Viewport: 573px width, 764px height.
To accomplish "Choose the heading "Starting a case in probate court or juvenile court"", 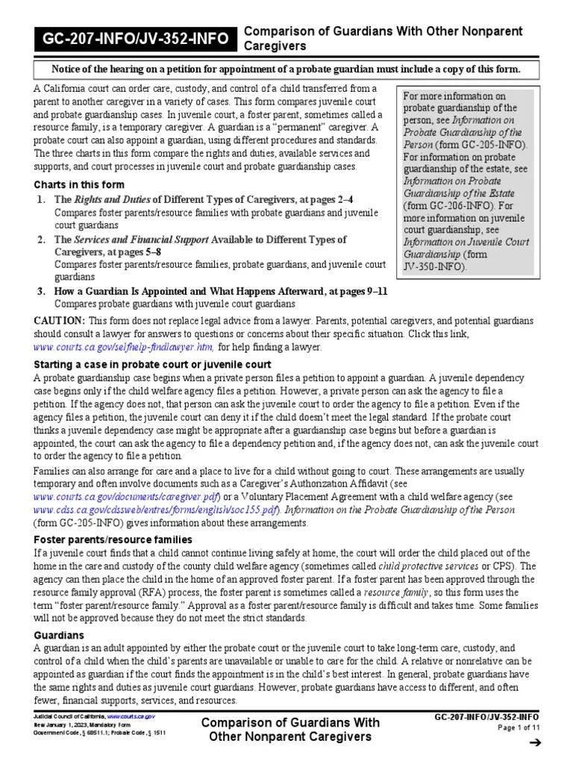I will click(152, 364).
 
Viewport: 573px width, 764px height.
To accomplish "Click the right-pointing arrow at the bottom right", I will click(533, 743).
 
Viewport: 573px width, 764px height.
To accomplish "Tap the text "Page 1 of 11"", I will click(515, 727).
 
